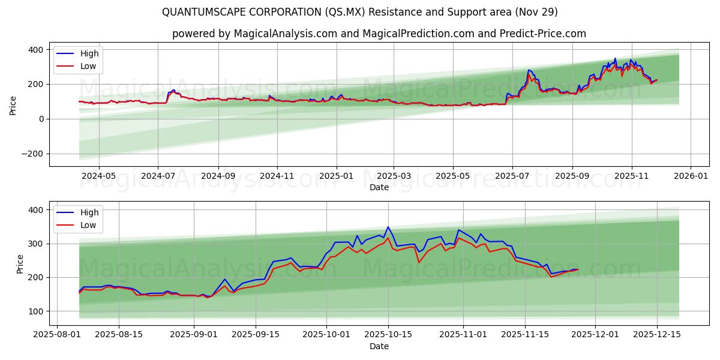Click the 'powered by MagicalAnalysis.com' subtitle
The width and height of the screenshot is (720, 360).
(x=379, y=34)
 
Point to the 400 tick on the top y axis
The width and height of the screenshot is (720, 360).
(x=36, y=49)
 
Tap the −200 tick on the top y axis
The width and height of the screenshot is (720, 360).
(x=33, y=154)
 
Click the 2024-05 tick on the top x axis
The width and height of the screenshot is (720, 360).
(x=98, y=176)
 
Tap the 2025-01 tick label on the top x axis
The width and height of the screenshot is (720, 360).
(x=336, y=176)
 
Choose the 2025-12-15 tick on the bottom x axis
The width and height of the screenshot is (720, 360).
(x=656, y=335)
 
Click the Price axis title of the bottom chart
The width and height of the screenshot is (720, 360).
(x=20, y=264)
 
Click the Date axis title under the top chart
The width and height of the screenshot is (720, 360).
(x=379, y=187)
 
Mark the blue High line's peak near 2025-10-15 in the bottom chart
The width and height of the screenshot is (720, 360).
(x=388, y=227)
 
